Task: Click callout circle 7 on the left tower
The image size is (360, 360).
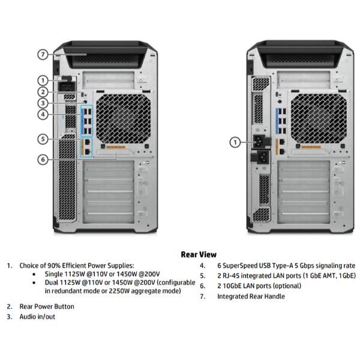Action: click(x=43, y=55)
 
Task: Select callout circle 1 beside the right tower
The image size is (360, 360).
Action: click(x=235, y=142)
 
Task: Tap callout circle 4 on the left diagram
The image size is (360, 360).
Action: click(x=43, y=114)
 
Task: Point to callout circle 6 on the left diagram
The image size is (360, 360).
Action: click(x=43, y=159)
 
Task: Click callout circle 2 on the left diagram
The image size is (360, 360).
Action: click(x=43, y=92)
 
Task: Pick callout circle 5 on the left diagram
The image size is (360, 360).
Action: click(x=43, y=139)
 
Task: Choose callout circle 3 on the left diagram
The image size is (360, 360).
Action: click(x=43, y=103)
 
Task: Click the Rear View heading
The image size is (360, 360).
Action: click(x=199, y=254)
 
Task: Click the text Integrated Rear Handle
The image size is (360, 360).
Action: click(x=251, y=296)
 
